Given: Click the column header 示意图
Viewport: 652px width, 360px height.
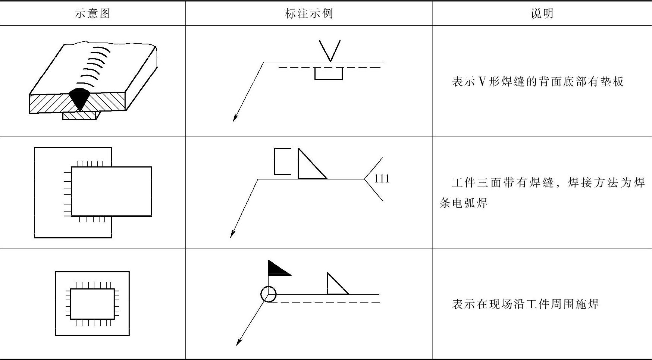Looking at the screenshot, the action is click(93, 14).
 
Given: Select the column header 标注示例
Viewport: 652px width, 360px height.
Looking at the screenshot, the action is click(308, 14).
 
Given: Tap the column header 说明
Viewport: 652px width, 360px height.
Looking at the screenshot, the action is click(542, 14).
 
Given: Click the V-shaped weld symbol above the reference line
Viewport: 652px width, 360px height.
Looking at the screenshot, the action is click(330, 51).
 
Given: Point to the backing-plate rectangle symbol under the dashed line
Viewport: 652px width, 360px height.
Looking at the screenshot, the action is click(328, 74).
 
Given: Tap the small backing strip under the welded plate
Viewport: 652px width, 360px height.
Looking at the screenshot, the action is click(79, 116).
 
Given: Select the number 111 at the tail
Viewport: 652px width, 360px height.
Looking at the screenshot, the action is click(382, 179).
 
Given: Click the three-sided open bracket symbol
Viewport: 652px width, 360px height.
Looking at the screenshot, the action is click(282, 161).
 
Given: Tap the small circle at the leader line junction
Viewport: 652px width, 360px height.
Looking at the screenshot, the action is click(268, 294).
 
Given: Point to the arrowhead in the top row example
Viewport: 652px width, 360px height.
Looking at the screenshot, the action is click(235, 118).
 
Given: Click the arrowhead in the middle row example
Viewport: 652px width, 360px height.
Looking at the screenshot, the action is click(232, 234).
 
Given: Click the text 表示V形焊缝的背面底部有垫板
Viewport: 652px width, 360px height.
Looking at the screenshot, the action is click(537, 82).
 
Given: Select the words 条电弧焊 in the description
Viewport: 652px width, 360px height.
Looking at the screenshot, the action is click(464, 203).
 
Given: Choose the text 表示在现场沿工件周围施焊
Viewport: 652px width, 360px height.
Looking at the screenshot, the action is click(525, 304).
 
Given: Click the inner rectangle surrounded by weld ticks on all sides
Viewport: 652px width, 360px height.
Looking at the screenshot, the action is click(92, 304).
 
